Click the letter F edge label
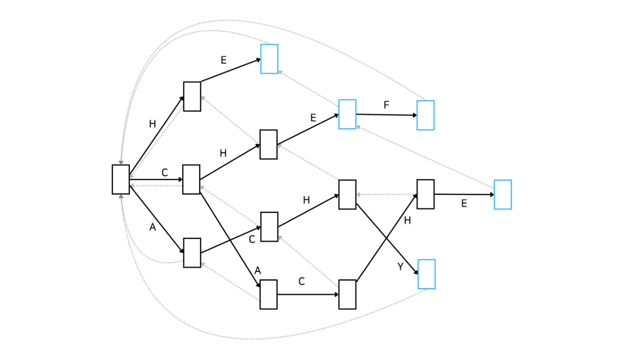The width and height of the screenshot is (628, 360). (386, 105)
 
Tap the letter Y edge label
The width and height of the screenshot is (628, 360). (400, 267)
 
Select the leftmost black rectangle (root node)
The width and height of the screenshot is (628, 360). (121, 179)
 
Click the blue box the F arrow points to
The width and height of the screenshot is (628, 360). (426, 115)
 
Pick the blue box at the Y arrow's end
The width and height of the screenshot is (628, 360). (427, 274)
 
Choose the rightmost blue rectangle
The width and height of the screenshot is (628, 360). (503, 195)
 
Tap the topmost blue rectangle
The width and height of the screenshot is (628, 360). (269, 59)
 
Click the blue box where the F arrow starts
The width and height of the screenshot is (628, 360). (348, 114)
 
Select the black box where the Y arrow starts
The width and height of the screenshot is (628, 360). (348, 195)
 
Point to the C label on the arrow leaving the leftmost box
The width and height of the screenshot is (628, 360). (165, 172)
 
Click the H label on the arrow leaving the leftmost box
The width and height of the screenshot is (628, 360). (152, 124)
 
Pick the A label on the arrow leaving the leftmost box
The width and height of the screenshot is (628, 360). (152, 227)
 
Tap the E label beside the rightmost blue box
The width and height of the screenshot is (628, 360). (464, 204)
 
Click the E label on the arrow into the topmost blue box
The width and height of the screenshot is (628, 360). (223, 60)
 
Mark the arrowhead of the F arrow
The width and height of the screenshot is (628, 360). (415, 115)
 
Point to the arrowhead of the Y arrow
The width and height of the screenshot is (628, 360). (416, 272)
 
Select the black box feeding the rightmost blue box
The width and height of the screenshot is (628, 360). (426, 194)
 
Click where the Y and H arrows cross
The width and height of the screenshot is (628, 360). (386, 239)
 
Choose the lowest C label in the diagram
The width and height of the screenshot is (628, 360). (301, 281)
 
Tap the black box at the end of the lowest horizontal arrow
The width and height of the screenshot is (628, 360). (348, 294)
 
